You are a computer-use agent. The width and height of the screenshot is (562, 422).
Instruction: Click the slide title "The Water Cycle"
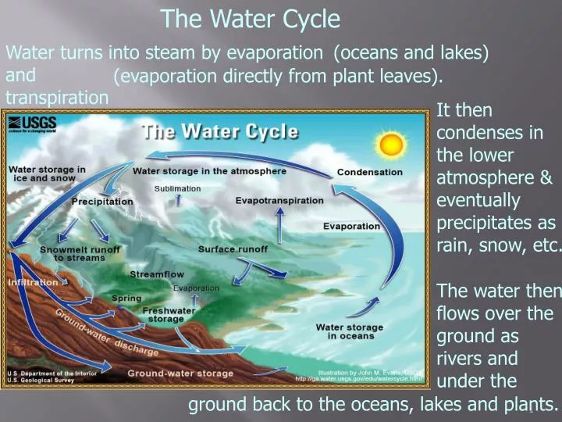click(250, 19)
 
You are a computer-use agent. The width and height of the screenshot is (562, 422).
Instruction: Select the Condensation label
click(369, 172)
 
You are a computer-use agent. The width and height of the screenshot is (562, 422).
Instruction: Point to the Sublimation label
click(177, 188)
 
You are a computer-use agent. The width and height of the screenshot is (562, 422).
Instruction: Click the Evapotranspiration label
click(279, 201)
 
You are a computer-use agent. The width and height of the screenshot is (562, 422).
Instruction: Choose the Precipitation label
click(102, 202)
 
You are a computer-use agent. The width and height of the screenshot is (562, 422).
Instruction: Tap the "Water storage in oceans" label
click(350, 331)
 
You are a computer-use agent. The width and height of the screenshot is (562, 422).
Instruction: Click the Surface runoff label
click(233, 249)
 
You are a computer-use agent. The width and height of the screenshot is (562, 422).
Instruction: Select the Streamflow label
click(156, 274)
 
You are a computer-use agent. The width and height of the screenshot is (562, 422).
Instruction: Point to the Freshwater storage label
click(165, 314)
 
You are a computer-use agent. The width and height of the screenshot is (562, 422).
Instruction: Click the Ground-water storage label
click(180, 374)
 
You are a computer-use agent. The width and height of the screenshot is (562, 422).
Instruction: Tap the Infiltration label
click(33, 281)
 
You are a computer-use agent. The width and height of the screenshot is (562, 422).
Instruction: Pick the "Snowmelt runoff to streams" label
click(80, 253)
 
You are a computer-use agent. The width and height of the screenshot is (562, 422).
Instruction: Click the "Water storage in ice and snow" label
click(47, 173)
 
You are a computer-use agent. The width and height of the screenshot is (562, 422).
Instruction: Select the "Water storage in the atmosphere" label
click(209, 171)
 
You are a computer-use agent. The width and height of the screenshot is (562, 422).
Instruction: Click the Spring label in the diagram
click(126, 299)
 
